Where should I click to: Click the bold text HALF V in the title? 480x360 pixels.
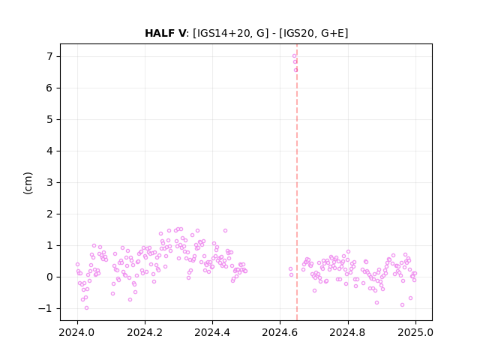(165, 33)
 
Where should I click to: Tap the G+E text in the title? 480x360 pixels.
(332, 33)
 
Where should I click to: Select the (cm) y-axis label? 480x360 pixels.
(28, 183)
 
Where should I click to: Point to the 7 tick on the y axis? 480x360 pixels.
(49, 57)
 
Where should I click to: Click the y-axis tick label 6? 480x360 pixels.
(49, 88)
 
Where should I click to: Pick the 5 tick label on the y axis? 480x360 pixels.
(49, 120)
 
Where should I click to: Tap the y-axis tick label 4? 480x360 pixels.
(49, 151)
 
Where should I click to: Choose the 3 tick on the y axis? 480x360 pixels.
(49, 183)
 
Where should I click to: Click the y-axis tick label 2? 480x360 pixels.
(49, 214)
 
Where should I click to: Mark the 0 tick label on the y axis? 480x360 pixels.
(49, 277)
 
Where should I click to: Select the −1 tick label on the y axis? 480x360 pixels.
(46, 308)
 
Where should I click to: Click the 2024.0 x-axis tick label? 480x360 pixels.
(77, 332)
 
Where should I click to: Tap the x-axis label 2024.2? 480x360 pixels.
(145, 332)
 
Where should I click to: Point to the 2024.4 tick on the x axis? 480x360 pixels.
(212, 332)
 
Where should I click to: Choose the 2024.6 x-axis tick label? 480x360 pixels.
(280, 332)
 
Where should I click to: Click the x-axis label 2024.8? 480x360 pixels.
(348, 332)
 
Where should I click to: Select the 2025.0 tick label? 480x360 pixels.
(415, 332)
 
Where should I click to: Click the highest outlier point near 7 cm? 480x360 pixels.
(294, 55)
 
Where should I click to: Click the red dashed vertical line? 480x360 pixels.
(297, 182)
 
